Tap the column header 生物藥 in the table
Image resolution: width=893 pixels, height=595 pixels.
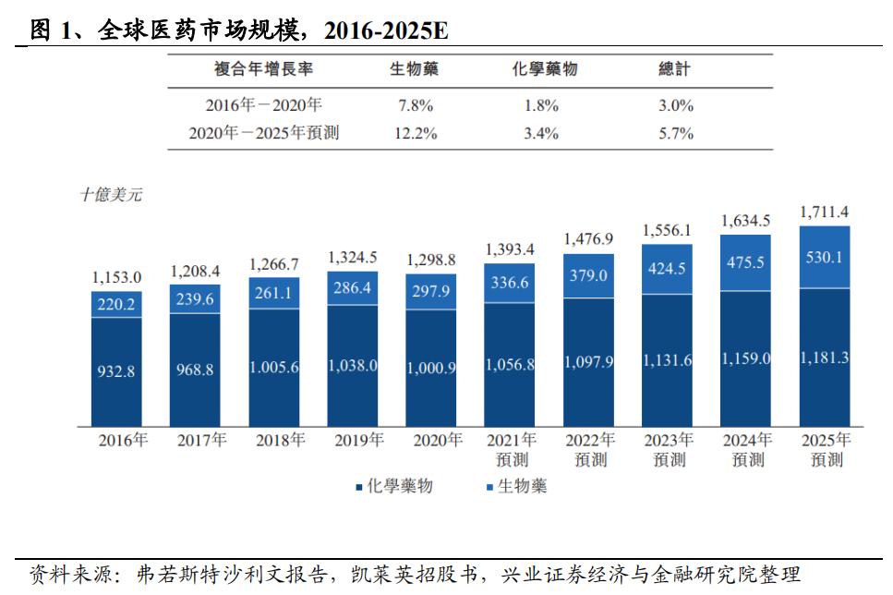click(x=414, y=70)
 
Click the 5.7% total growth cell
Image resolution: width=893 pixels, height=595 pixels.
click(x=675, y=133)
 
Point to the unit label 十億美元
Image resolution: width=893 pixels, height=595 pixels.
click(x=111, y=195)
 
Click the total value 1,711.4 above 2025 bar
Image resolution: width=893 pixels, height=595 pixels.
click(x=825, y=212)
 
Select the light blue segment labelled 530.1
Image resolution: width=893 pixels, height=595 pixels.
click(x=825, y=258)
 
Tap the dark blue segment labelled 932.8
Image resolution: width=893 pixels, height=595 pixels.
click(x=116, y=370)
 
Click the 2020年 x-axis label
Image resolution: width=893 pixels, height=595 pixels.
click(x=431, y=441)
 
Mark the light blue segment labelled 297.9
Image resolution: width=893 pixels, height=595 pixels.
click(x=431, y=292)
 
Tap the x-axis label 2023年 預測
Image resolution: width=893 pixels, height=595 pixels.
click(x=667, y=449)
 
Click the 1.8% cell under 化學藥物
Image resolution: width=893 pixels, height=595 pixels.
click(x=541, y=105)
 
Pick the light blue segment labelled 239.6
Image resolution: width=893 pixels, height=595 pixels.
click(x=195, y=298)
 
